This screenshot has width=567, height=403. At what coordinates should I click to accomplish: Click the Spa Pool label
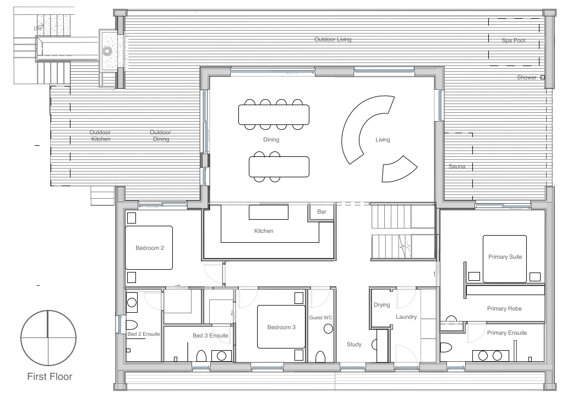point(513,41)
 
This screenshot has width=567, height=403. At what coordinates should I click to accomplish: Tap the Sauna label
point(457,166)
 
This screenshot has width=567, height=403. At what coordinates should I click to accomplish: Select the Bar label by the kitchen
point(321,211)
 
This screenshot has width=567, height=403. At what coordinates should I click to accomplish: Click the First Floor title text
point(50,377)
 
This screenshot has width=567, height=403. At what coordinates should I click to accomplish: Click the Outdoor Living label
point(332,39)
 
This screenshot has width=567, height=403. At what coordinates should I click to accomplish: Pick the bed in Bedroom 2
point(149,248)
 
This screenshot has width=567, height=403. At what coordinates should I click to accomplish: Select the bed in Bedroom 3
point(281,327)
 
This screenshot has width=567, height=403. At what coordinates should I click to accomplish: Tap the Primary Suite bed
point(505,259)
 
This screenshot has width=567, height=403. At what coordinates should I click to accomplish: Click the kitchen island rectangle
point(269,213)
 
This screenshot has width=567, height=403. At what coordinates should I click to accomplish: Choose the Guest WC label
point(320,318)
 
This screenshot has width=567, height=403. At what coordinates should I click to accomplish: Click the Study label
point(354,345)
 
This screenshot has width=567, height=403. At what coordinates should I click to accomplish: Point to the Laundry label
point(406,317)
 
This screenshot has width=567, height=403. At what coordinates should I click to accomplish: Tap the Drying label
point(382,305)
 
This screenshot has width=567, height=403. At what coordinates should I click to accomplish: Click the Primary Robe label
point(504,308)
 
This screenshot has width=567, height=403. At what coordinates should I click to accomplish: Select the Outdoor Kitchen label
point(100,135)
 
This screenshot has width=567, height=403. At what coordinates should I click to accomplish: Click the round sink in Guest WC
point(328,329)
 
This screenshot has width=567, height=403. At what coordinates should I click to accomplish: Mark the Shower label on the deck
point(526,77)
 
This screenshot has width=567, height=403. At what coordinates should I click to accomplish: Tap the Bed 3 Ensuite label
point(210,336)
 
